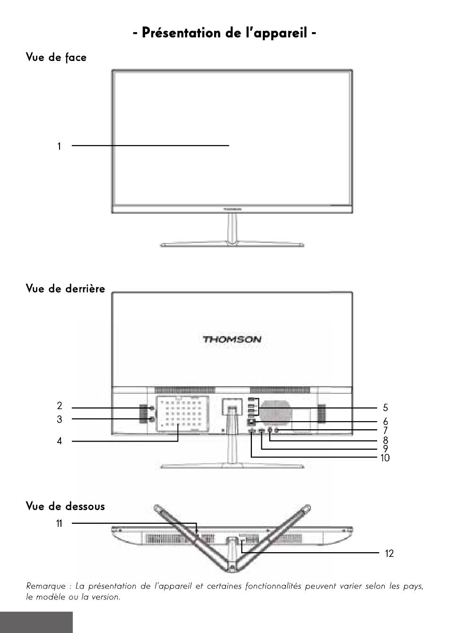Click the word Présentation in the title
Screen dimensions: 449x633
(x=181, y=33)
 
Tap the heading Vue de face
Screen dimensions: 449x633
(x=56, y=57)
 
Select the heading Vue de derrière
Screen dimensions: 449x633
(x=65, y=288)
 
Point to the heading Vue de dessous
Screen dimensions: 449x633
(x=65, y=506)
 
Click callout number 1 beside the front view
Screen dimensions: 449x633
(x=59, y=147)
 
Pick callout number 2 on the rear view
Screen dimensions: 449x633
(x=60, y=406)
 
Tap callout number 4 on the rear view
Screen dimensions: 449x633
(x=60, y=441)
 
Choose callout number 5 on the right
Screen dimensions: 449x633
(x=385, y=408)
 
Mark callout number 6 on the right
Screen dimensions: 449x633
(x=385, y=422)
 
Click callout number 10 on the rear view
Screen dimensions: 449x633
(x=385, y=458)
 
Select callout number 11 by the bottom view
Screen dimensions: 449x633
(x=59, y=524)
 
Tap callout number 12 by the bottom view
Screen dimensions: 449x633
(x=389, y=553)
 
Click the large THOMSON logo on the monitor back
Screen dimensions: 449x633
(x=232, y=339)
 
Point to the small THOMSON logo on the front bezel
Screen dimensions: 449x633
(x=232, y=209)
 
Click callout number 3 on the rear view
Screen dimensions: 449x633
(x=60, y=419)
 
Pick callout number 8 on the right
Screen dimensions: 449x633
(x=385, y=440)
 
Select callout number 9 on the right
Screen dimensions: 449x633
(x=385, y=449)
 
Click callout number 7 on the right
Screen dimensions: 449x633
(x=385, y=431)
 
